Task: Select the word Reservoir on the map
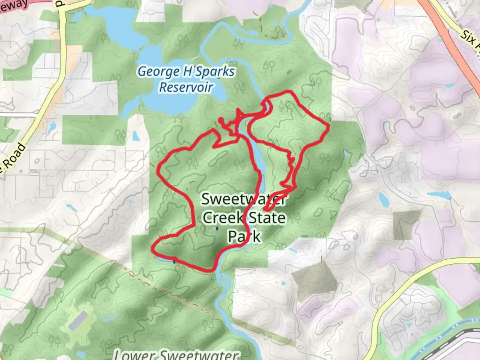pos(186,87)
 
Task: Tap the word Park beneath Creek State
pos(244,236)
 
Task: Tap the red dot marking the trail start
pos(221,120)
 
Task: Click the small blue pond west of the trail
pos(135,136)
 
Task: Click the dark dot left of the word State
pos(217,228)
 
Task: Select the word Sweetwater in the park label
pos(243,199)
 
